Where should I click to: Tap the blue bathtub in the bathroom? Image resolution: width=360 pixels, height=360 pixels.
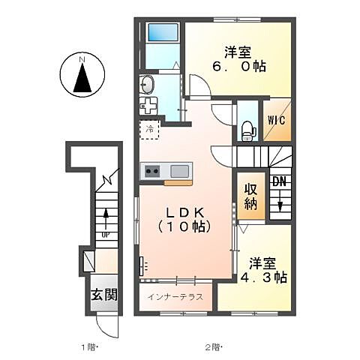coord(161,34)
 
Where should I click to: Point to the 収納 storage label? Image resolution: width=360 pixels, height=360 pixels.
coord(250,196)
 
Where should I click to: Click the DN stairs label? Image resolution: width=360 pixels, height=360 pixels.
coord(280,181)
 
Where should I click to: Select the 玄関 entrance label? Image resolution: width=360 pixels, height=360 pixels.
coord(104,295)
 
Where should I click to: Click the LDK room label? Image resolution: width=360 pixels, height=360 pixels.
coord(183,211)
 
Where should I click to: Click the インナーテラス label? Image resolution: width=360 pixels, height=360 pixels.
coord(177,297)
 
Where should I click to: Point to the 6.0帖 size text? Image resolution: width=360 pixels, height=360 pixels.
coord(236,66)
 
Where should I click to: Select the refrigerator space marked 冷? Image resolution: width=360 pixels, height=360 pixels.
coord(150,129)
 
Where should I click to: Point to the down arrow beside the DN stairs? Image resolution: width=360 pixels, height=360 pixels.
coord(280,202)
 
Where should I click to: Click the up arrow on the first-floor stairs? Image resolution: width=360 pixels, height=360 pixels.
coord(106,218)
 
